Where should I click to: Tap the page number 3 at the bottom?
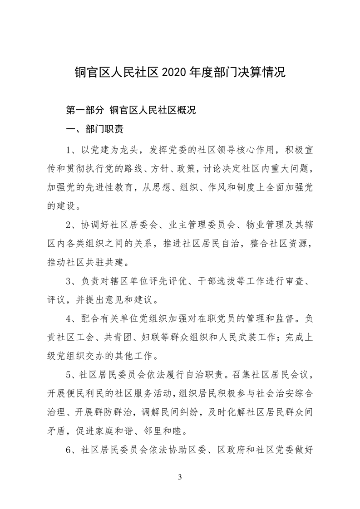(x=180, y=477)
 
